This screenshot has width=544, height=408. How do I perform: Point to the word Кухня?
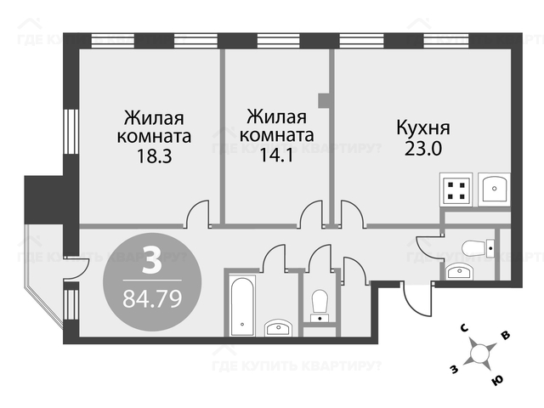tap(422, 128)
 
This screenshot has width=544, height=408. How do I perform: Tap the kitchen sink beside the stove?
tap(493, 189)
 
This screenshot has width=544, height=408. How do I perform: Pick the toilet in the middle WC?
tap(320, 303)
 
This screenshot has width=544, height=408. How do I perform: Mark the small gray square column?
tap(324, 99)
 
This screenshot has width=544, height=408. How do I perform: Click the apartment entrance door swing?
tap(414, 297)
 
